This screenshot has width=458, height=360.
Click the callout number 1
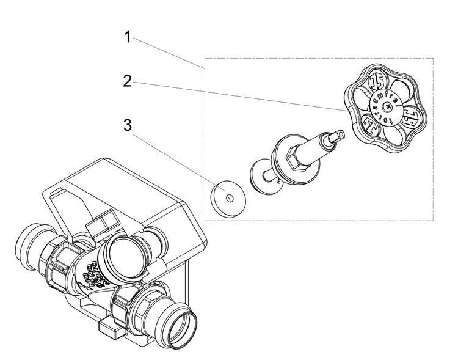click(128, 37)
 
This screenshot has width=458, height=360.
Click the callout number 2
click(128, 82)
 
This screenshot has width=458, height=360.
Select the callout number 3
click(128, 125)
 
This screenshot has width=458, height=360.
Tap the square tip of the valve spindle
click(341, 134)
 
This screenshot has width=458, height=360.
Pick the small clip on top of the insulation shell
click(101, 224)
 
